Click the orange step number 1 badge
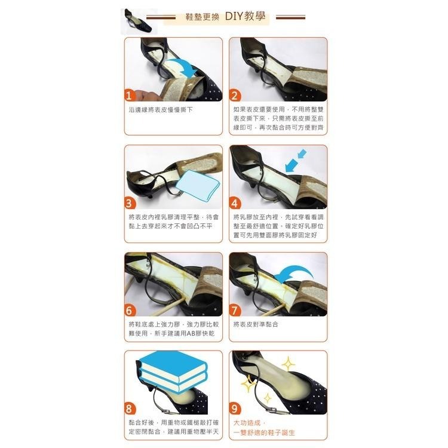tap(131, 96)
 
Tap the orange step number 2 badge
tap(235, 96)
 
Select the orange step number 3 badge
tap(131, 202)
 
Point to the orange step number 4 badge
tap(235, 202)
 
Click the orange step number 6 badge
tap(131, 310)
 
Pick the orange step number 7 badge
tap(235, 310)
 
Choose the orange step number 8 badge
tap(131, 409)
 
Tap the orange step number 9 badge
tap(235, 409)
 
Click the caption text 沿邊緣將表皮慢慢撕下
tap(161, 111)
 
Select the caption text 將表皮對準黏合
tap(256, 324)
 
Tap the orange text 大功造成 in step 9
tap(247, 423)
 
